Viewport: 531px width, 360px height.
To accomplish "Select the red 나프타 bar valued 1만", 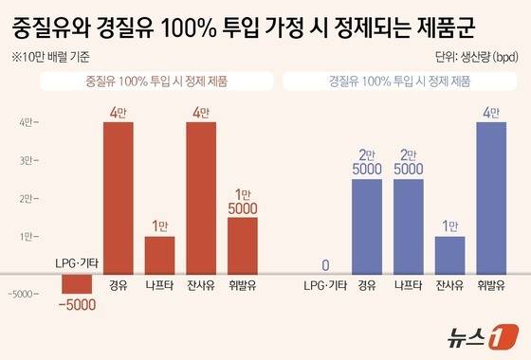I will (x=159, y=254).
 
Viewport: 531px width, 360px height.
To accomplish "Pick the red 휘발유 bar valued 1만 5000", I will (x=243, y=244).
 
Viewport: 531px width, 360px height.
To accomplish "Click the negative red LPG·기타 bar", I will (x=76, y=282).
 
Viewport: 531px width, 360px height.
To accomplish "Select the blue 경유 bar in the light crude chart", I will (x=367, y=225).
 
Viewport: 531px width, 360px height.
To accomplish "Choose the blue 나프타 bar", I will (x=409, y=225).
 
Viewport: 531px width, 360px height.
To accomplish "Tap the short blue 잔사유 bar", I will (x=450, y=254).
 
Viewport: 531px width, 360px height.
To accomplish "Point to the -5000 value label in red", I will (x=76, y=304).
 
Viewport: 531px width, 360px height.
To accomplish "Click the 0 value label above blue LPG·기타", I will (x=325, y=264).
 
